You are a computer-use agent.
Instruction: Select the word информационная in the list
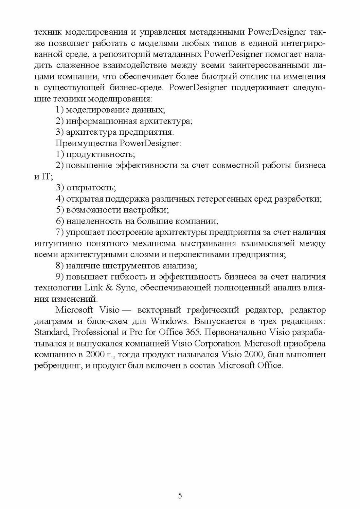(96, 121)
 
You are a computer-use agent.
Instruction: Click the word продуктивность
(101, 154)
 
